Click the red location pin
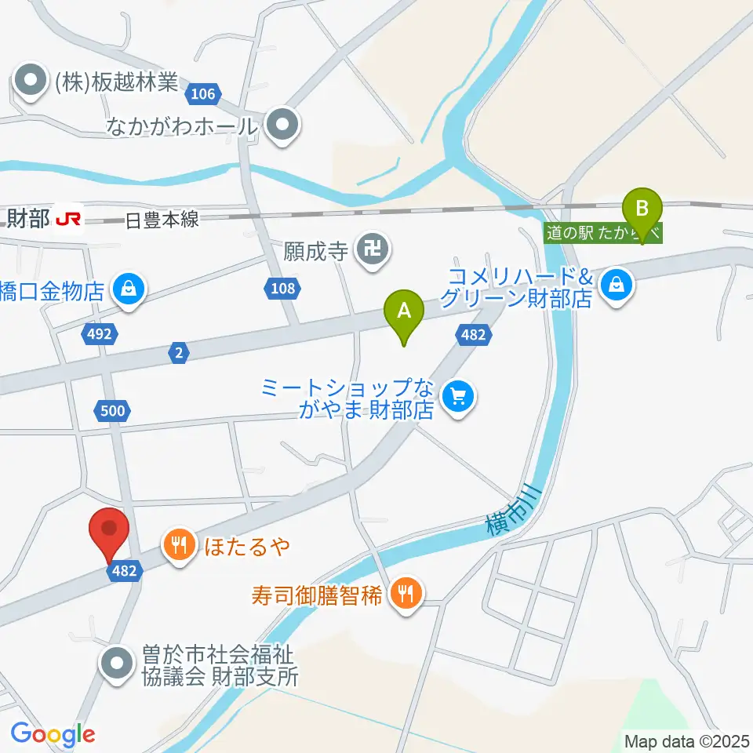coord(109,531)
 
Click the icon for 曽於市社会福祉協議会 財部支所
coord(118,664)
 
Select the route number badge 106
coord(202,95)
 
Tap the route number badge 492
coord(100,335)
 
